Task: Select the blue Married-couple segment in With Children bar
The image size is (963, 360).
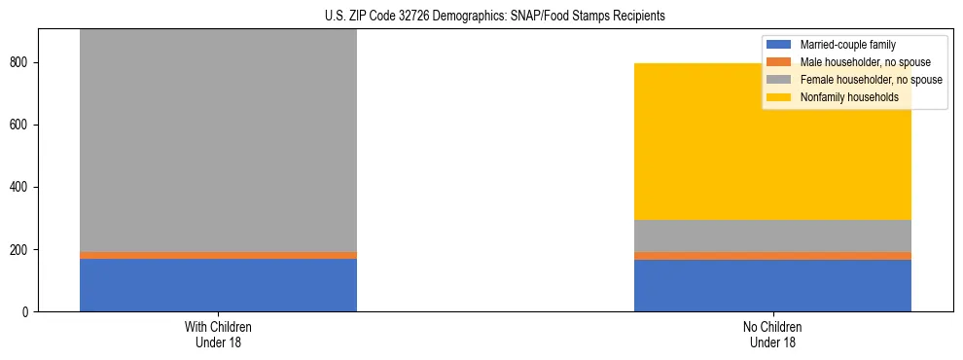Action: [218, 285]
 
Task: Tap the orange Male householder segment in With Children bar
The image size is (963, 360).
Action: [218, 255]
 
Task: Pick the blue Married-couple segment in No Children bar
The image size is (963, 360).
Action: [772, 285]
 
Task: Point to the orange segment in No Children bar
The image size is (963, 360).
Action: [772, 256]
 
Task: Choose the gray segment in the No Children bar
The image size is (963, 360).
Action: [772, 235]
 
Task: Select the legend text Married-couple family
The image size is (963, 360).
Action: [847, 45]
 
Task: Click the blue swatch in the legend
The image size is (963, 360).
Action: [779, 45]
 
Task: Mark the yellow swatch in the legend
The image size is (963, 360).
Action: [779, 97]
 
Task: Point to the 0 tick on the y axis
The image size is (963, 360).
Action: [27, 311]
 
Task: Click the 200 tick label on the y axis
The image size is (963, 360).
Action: [21, 249]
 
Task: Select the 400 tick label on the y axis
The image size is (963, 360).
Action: [21, 187]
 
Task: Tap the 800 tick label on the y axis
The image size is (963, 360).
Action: [21, 62]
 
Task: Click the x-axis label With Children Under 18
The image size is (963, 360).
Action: [218, 334]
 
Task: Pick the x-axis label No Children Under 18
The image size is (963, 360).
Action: [772, 334]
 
